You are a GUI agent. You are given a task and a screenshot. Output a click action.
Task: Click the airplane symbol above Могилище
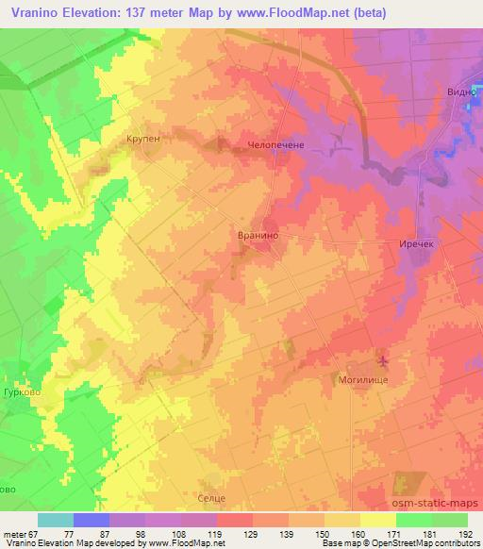382,359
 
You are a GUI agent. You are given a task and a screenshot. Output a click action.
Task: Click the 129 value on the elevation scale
252,533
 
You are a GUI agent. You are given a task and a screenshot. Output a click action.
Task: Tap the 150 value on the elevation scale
322,533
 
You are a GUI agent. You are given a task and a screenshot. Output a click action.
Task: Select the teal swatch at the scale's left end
56,520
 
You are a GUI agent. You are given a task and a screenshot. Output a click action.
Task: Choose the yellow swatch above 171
377,520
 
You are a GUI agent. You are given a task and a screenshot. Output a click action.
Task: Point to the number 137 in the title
136,13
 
